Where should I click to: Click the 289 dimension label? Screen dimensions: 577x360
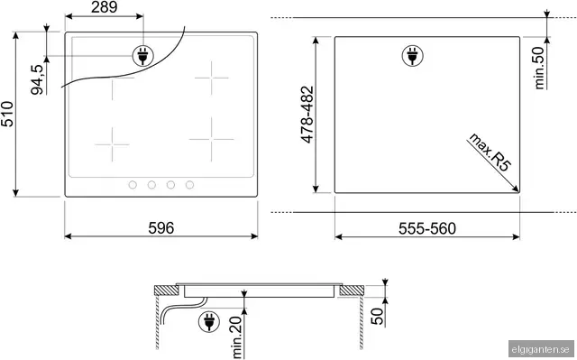pos(105,7)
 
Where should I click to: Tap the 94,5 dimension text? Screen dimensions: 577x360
pos(37,80)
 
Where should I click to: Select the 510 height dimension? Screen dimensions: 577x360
pos(7,114)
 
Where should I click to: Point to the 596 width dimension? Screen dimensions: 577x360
pos(160,228)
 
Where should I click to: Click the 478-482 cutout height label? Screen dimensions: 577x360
pos(307,115)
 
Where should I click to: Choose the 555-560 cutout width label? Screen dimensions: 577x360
pos(427,228)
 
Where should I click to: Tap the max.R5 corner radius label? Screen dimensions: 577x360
pos(490,152)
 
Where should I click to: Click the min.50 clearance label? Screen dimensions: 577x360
pos(539,68)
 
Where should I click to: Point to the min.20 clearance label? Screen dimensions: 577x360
pos(238,337)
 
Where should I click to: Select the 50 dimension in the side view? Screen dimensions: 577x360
pos(377,317)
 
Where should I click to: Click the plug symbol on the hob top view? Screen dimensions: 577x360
pos(142,56)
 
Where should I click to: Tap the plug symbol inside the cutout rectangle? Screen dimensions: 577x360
pos(412,56)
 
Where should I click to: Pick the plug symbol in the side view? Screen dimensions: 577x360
pos(208,321)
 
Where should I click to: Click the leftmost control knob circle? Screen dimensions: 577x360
pos(133,185)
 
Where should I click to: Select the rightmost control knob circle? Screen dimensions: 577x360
pos(189,185)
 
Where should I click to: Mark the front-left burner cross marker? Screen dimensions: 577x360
pos(112,144)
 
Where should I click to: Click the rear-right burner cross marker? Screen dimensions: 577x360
pos(212,78)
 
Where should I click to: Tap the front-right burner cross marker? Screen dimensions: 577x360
pos(211,139)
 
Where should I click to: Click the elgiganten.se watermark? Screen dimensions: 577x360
pos(541,349)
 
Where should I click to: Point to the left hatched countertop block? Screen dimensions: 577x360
pos(166,291)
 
